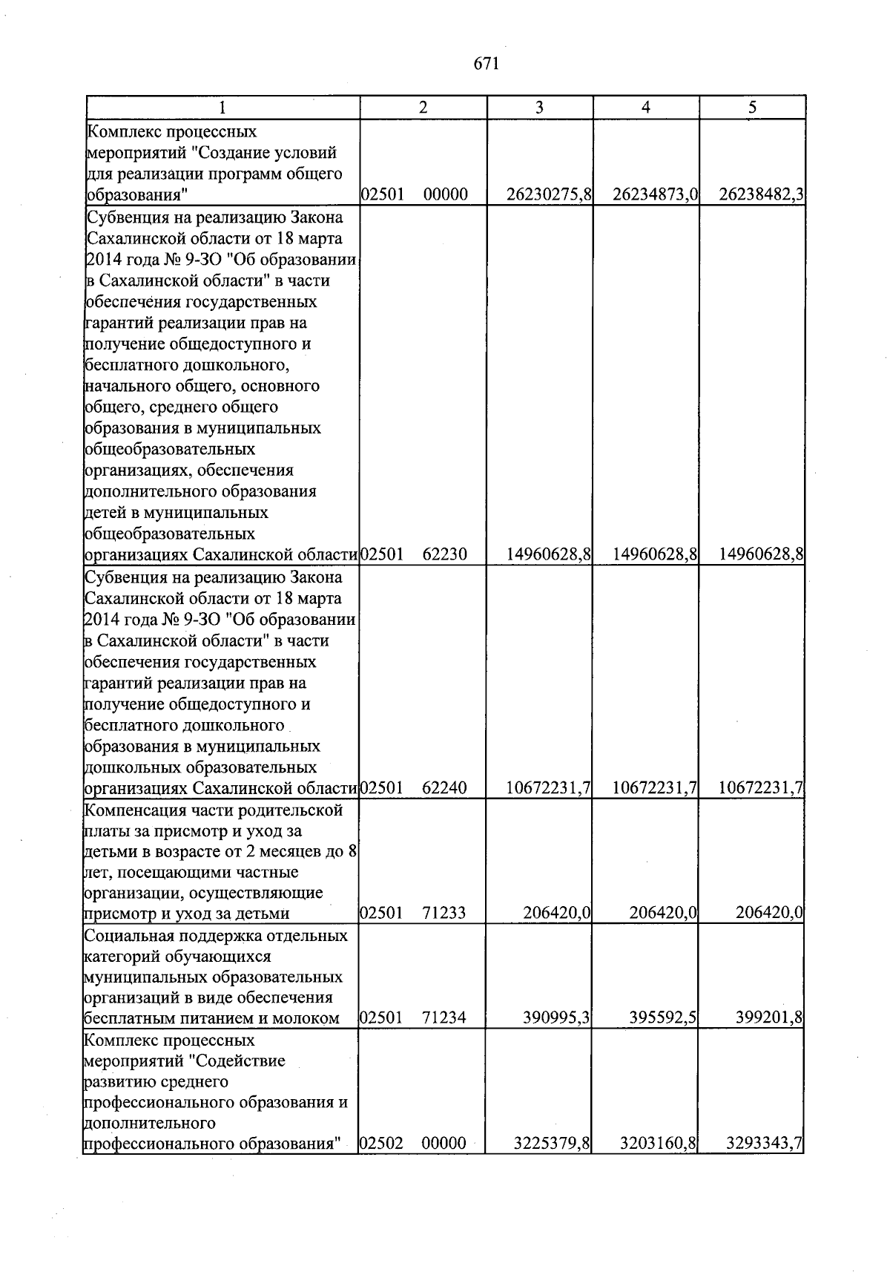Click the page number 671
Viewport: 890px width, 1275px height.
(486, 64)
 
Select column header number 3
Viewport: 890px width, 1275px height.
(539, 108)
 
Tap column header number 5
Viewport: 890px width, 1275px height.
(752, 108)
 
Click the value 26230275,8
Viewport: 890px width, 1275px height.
(549, 195)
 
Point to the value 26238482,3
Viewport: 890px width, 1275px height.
(762, 195)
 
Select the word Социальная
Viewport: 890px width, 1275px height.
(129, 935)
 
